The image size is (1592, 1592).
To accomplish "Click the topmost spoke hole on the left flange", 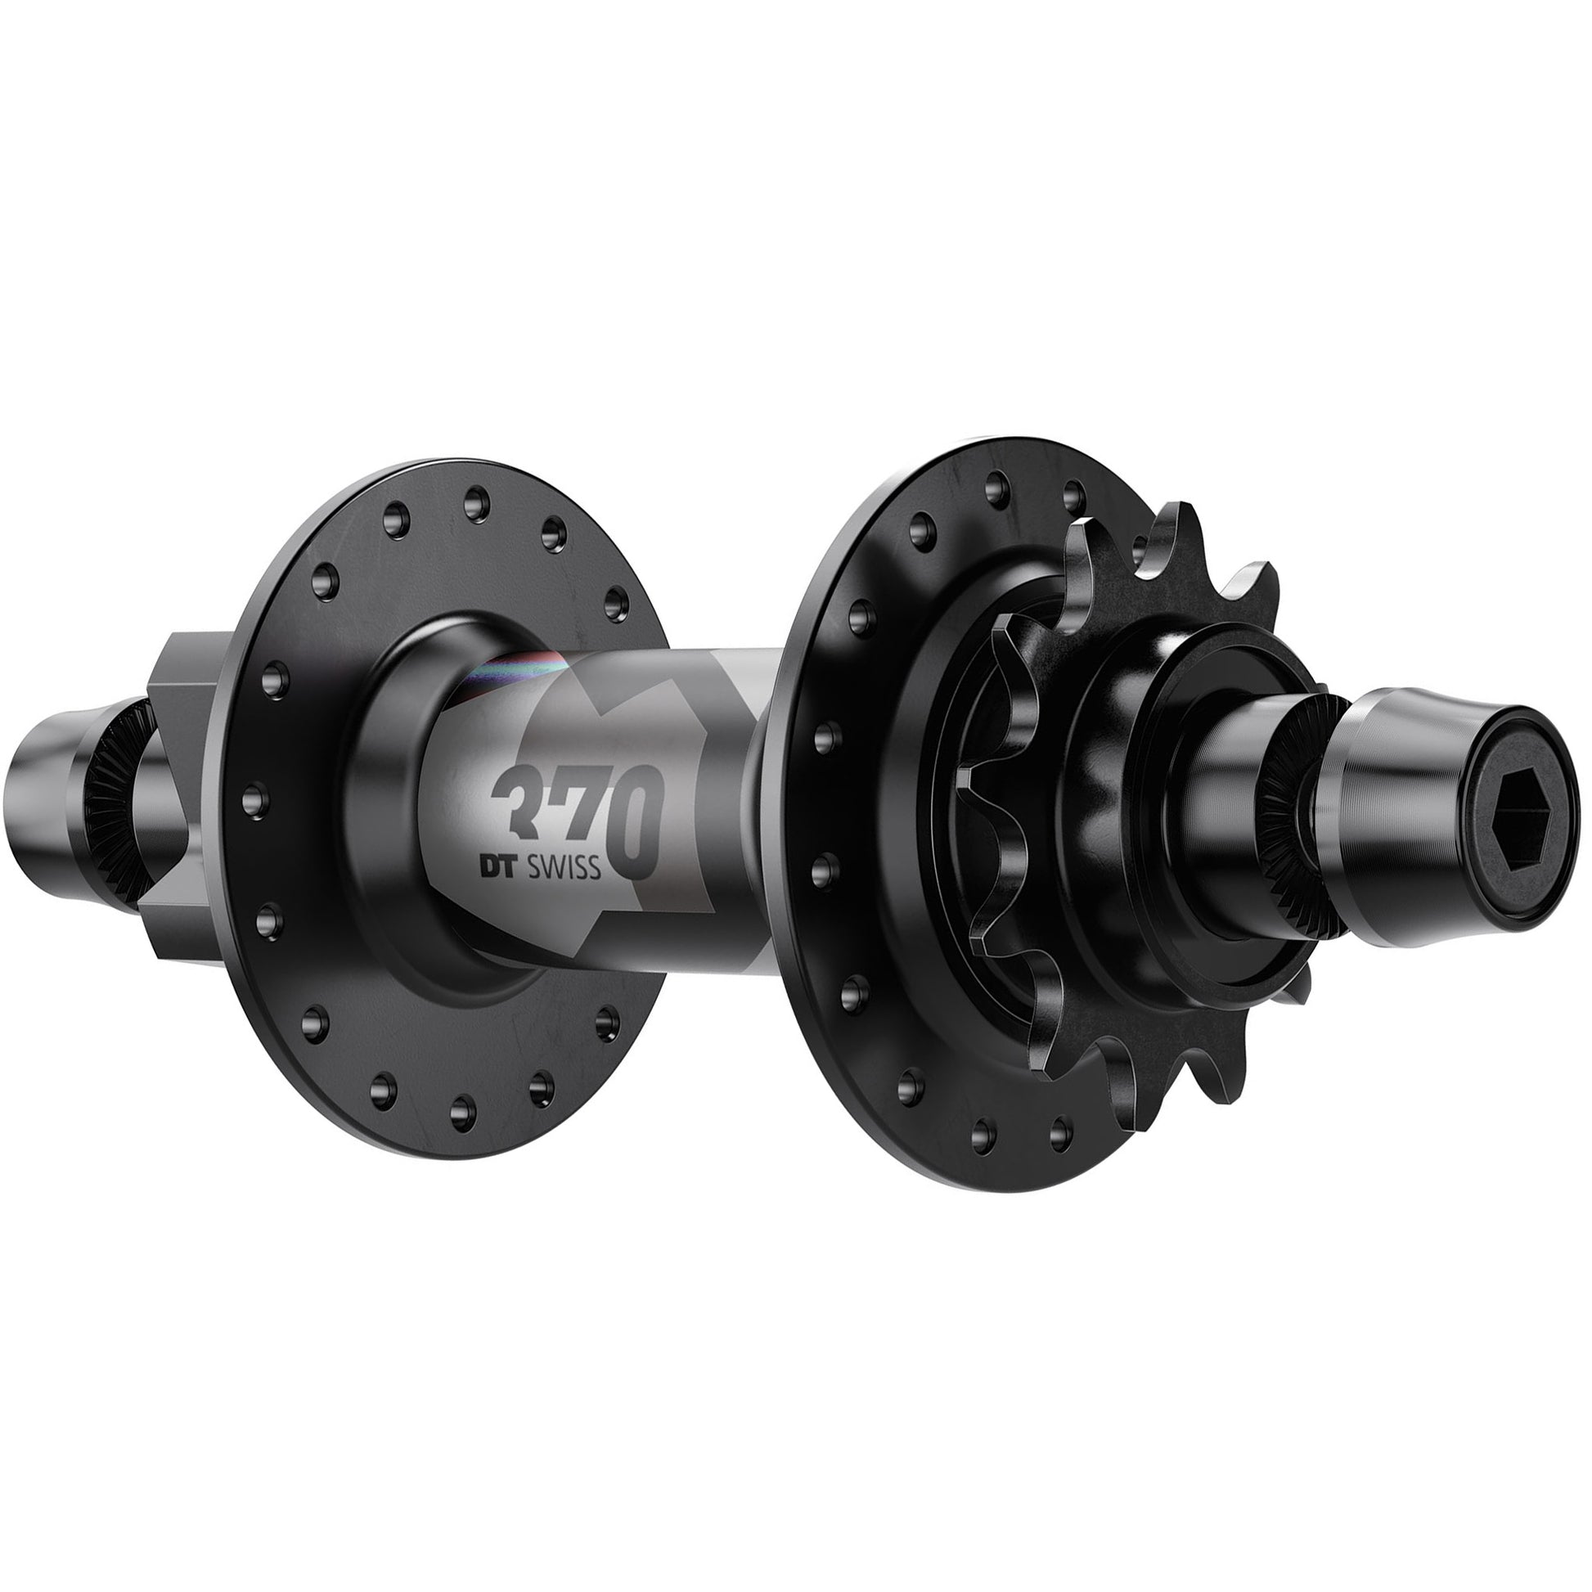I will tap(474, 501).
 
